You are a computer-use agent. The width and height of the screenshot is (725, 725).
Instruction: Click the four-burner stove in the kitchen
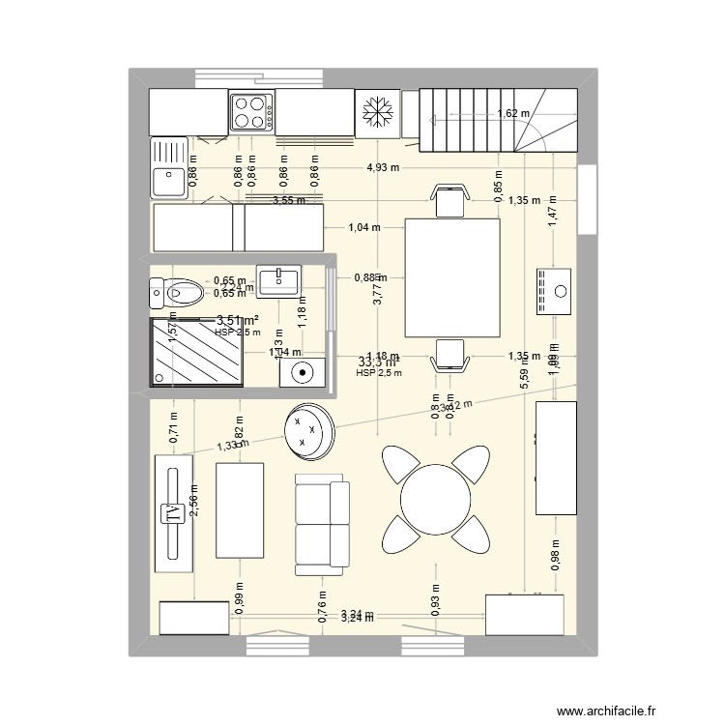(x=252, y=111)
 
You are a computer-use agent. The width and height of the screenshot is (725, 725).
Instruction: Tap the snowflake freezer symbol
(x=378, y=111)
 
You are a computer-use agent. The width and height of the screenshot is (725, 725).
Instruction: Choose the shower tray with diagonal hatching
(x=196, y=352)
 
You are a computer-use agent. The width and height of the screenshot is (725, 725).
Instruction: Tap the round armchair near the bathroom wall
(x=308, y=428)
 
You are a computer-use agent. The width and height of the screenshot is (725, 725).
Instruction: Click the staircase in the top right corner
(x=497, y=119)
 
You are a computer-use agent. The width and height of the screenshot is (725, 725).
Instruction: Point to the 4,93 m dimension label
(x=384, y=167)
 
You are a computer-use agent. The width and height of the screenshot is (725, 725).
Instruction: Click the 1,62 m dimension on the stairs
(x=513, y=113)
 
